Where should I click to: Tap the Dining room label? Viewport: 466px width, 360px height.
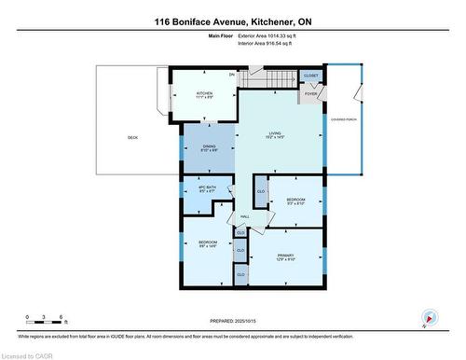click(x=209, y=146)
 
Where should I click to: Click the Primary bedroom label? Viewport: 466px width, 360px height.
click(x=286, y=256)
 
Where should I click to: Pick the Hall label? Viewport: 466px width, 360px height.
click(x=244, y=216)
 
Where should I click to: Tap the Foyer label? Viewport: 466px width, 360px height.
click(x=311, y=93)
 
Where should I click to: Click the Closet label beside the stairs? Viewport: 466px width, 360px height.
click(x=311, y=76)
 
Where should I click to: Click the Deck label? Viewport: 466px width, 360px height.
click(x=133, y=138)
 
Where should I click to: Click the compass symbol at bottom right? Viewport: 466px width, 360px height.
click(x=428, y=317)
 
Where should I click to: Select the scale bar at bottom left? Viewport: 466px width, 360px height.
click(x=45, y=323)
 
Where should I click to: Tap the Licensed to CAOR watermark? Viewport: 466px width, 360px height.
click(x=30, y=354)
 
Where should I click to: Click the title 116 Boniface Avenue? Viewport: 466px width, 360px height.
click(x=233, y=20)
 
